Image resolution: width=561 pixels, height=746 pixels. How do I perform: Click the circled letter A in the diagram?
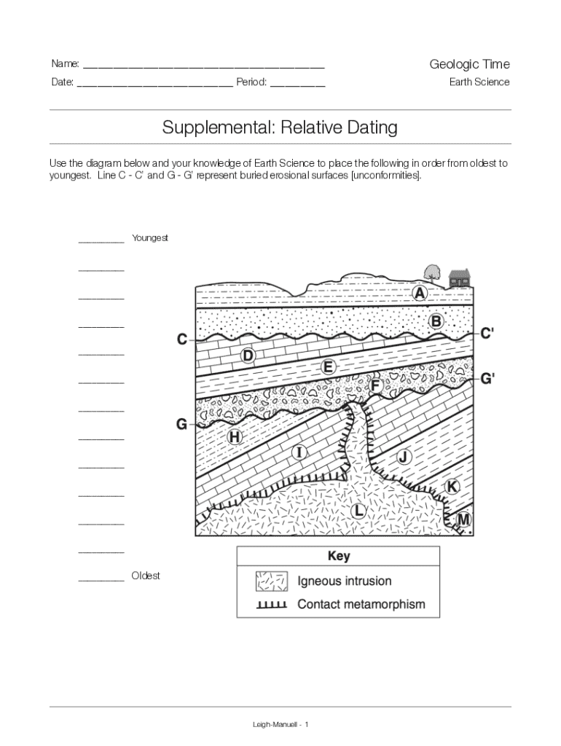click(x=420, y=294)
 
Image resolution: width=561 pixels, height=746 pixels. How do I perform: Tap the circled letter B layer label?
click(x=436, y=321)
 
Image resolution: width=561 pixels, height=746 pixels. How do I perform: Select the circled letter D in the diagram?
click(x=248, y=356)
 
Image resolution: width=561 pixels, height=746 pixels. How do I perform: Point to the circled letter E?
click(x=328, y=369)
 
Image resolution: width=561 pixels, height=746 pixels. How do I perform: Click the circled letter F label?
click(x=376, y=385)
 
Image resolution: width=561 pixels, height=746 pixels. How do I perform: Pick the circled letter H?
click(x=234, y=437)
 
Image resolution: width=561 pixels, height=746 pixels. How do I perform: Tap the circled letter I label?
click(x=299, y=452)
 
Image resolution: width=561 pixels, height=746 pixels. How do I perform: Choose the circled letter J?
click(x=404, y=458)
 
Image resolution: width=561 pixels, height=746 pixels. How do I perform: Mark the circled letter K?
click(x=452, y=486)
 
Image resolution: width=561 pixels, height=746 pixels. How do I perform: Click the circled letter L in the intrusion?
click(x=358, y=510)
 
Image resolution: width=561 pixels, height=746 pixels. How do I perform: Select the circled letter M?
click(x=463, y=520)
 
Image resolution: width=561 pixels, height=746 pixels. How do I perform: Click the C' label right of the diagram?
click(x=487, y=334)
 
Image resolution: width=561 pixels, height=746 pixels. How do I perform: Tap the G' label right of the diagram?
click(x=488, y=379)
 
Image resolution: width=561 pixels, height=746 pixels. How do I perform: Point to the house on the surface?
click(x=460, y=278)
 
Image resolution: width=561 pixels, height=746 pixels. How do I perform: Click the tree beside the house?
click(x=431, y=272)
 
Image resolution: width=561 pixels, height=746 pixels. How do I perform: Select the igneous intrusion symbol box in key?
click(x=270, y=581)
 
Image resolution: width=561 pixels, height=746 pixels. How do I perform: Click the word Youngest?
click(x=150, y=238)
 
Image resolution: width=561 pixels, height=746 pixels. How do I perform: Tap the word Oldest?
click(x=146, y=576)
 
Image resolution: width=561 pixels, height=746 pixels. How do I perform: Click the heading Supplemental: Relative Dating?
click(x=280, y=128)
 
